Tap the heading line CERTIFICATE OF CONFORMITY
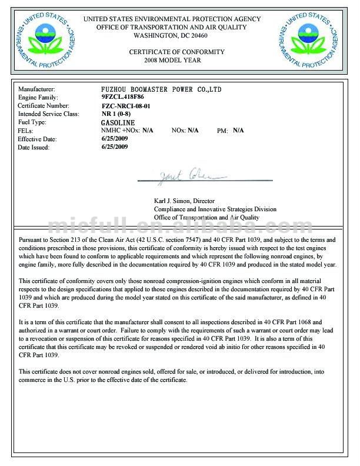pos(177,52)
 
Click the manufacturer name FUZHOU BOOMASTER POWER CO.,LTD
pos(161,89)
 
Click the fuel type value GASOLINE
pos(118,122)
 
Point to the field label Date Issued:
pos(34,148)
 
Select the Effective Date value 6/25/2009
pos(115,139)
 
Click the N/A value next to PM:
pos(238,130)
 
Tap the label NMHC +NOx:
pos(121,130)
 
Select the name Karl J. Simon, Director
pos(185,201)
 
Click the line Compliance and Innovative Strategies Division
pos(215,209)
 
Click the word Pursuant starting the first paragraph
pos(31,239)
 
